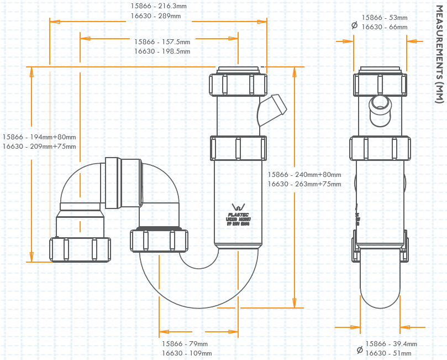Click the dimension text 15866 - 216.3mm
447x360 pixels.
pos(157,6)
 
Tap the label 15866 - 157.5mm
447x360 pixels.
pos(162,41)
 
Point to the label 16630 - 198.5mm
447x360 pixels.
pos(162,51)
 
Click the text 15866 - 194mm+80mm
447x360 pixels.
pos(39,137)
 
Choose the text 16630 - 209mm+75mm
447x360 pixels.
pos(39,147)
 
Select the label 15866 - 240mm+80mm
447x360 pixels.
pos(304,174)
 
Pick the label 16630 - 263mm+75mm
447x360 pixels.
pos(304,184)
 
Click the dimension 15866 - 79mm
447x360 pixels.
pos(185,343)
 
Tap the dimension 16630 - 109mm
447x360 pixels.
pos(186,353)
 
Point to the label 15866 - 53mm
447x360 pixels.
pos(385,17)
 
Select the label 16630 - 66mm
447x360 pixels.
pos(385,27)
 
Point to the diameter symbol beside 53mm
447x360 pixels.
pos(354,24)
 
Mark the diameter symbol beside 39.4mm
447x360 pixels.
pos(360,349)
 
